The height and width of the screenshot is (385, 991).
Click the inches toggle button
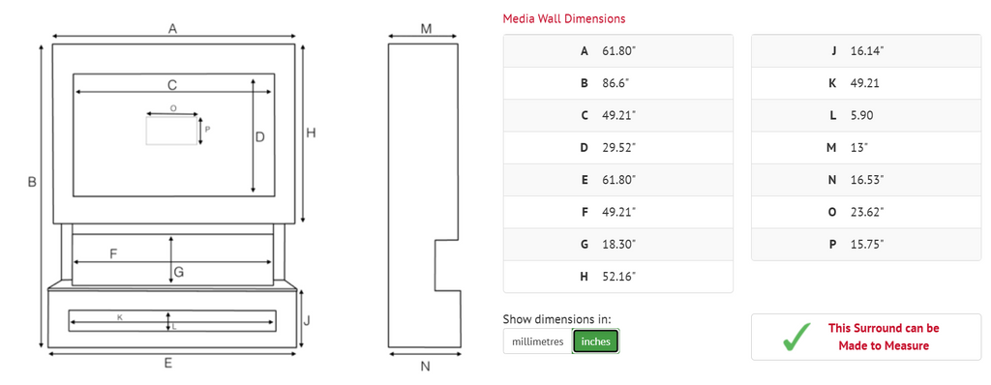pos(595,341)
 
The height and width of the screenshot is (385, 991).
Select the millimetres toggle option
pos(537,341)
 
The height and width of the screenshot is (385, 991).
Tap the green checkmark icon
pos(796,337)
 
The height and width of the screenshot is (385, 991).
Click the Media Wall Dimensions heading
pos(564,18)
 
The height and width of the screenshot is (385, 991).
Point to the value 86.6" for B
pos(616,83)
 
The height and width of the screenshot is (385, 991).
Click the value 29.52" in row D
pos(618,147)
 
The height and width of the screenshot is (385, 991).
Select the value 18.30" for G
pos(618,244)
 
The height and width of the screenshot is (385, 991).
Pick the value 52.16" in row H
pos(618,277)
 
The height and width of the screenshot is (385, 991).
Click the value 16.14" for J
pos(867,50)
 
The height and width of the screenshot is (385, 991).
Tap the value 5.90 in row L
pos(862,115)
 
